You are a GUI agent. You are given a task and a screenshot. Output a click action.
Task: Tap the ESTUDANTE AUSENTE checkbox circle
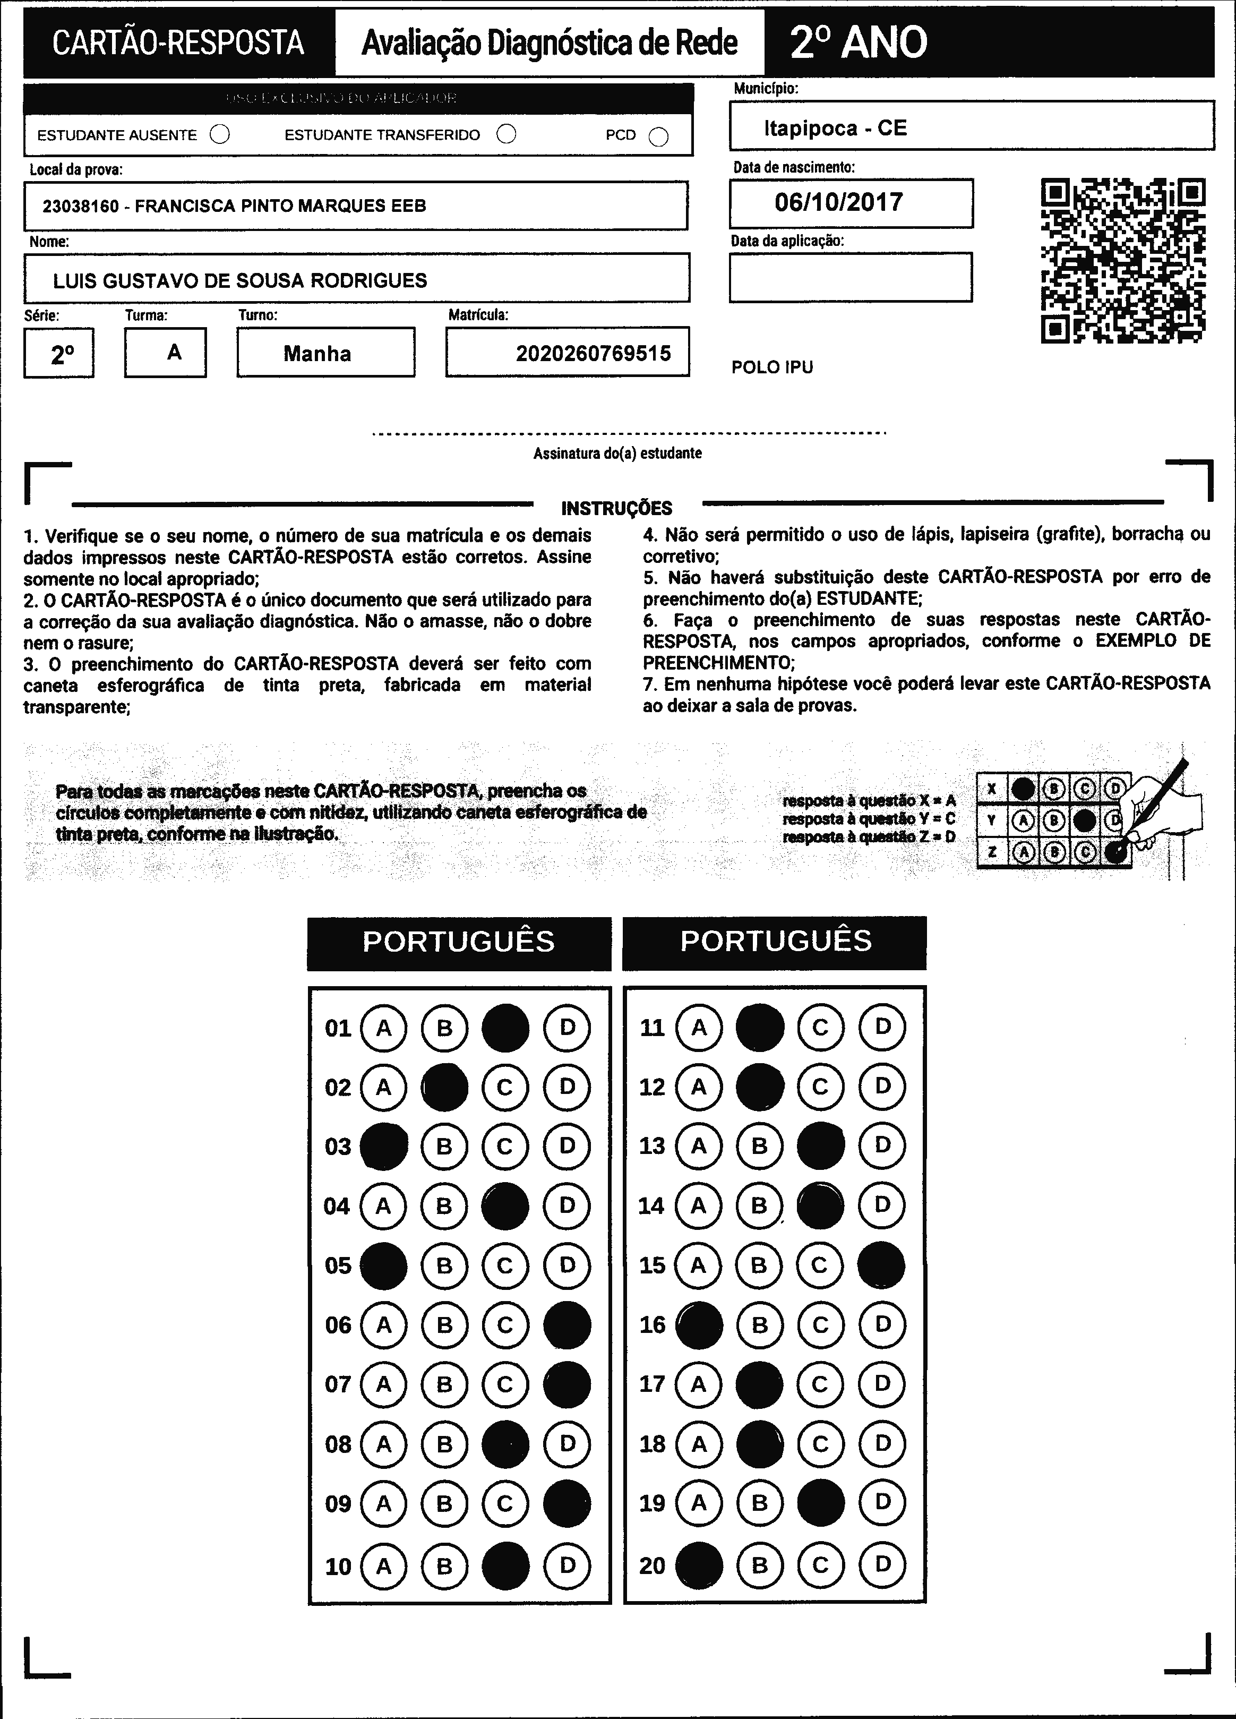[x=220, y=135]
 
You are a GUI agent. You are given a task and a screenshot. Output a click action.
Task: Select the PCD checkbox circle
[x=658, y=136]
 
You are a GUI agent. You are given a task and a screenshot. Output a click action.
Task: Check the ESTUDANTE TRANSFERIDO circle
[x=506, y=134]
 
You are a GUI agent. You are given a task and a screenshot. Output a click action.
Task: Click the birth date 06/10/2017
[x=838, y=202]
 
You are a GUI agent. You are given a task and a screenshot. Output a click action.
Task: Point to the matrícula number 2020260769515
[x=594, y=353]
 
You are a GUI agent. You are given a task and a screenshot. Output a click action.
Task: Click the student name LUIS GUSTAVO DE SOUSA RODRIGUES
[x=239, y=280]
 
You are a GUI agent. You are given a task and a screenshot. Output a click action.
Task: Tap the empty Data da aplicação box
[x=850, y=277]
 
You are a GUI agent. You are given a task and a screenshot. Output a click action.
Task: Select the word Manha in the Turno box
[x=317, y=353]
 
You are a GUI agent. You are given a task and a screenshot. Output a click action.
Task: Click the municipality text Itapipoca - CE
[x=835, y=127]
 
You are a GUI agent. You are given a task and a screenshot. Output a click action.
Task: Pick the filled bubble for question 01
[x=505, y=1028]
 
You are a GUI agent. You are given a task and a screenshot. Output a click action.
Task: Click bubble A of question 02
[x=383, y=1088]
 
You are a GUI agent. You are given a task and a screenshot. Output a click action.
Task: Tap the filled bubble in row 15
[x=881, y=1265]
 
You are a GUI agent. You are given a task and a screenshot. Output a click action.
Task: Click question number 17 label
[x=652, y=1384]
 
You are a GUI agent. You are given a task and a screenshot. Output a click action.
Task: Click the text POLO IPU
[x=771, y=367]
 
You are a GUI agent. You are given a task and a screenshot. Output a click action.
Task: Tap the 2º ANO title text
[x=859, y=42]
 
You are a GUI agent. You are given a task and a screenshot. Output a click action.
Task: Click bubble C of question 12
[x=820, y=1087]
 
